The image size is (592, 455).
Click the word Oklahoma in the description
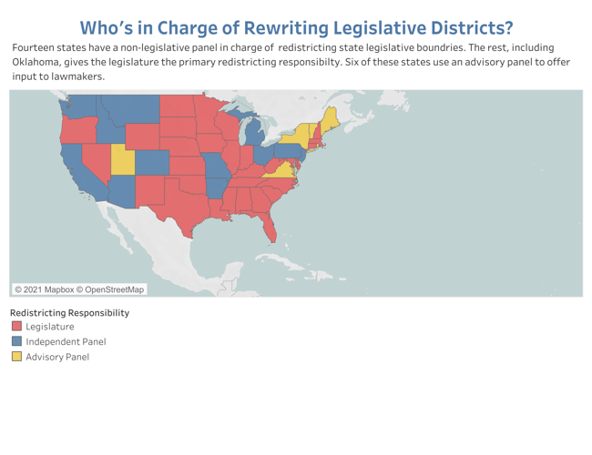pyautogui.click(x=37, y=61)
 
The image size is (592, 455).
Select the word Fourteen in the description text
pyautogui.click(x=34, y=46)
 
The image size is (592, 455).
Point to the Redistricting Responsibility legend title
pyautogui.click(x=70, y=312)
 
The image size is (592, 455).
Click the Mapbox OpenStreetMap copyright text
pyautogui.click(x=79, y=289)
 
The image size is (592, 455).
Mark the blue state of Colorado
pyautogui.click(x=152, y=163)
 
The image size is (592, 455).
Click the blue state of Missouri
pyautogui.click(x=215, y=169)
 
